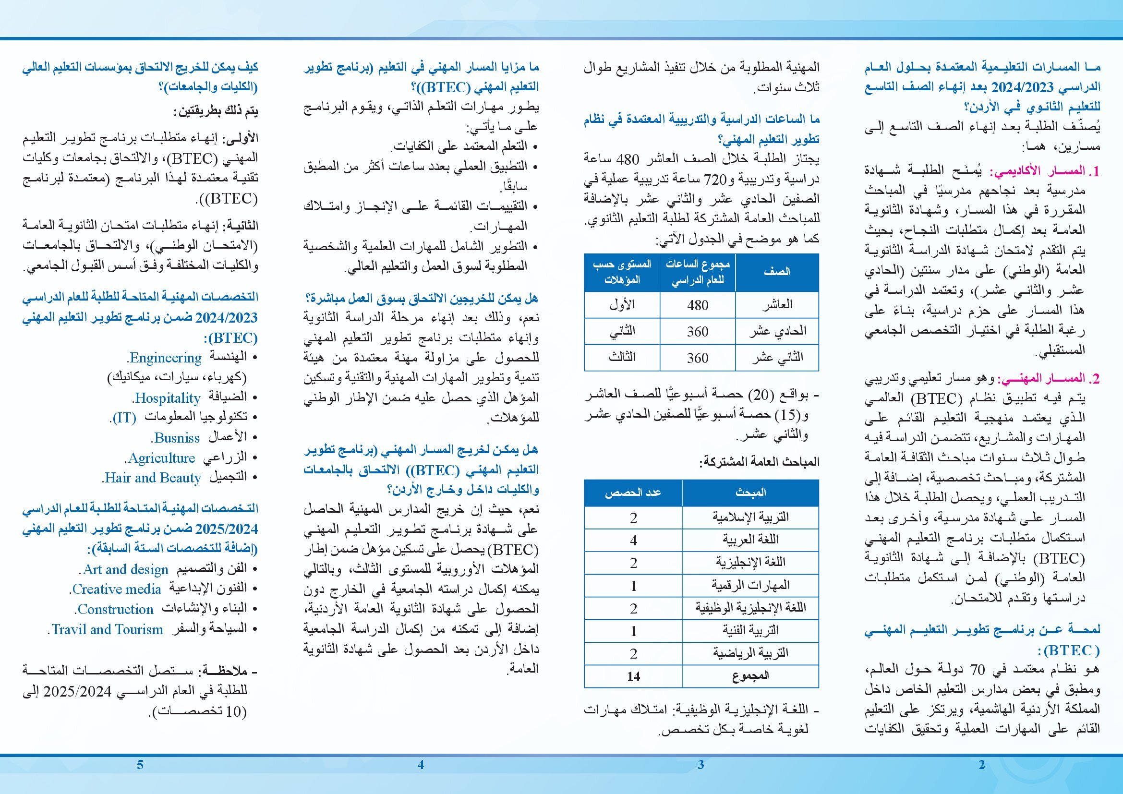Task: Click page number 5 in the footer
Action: pyautogui.click(x=140, y=765)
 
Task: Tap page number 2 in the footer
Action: pyautogui.click(x=981, y=765)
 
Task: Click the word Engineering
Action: pyautogui.click(x=165, y=358)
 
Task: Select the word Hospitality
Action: pyautogui.click(x=168, y=398)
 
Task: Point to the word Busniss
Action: pyautogui.click(x=177, y=438)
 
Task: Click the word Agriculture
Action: pyautogui.click(x=161, y=458)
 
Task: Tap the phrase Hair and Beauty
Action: pyautogui.click(x=153, y=478)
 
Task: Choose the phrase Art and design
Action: pyautogui.click(x=125, y=570)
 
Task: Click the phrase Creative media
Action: pyautogui.click(x=116, y=589)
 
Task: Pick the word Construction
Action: pyautogui.click(x=115, y=609)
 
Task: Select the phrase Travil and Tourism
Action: pyautogui.click(x=107, y=629)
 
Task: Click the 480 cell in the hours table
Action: pyautogui.click(x=698, y=305)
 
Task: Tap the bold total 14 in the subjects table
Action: pyautogui.click(x=633, y=676)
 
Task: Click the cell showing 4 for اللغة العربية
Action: pyautogui.click(x=633, y=540)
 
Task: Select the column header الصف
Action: pyautogui.click(x=777, y=272)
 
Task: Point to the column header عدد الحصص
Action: pyautogui.click(x=633, y=493)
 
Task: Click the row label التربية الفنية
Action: pyautogui.click(x=750, y=631)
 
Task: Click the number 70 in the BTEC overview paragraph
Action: pyautogui.click(x=977, y=670)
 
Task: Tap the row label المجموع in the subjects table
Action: pyautogui.click(x=750, y=676)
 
